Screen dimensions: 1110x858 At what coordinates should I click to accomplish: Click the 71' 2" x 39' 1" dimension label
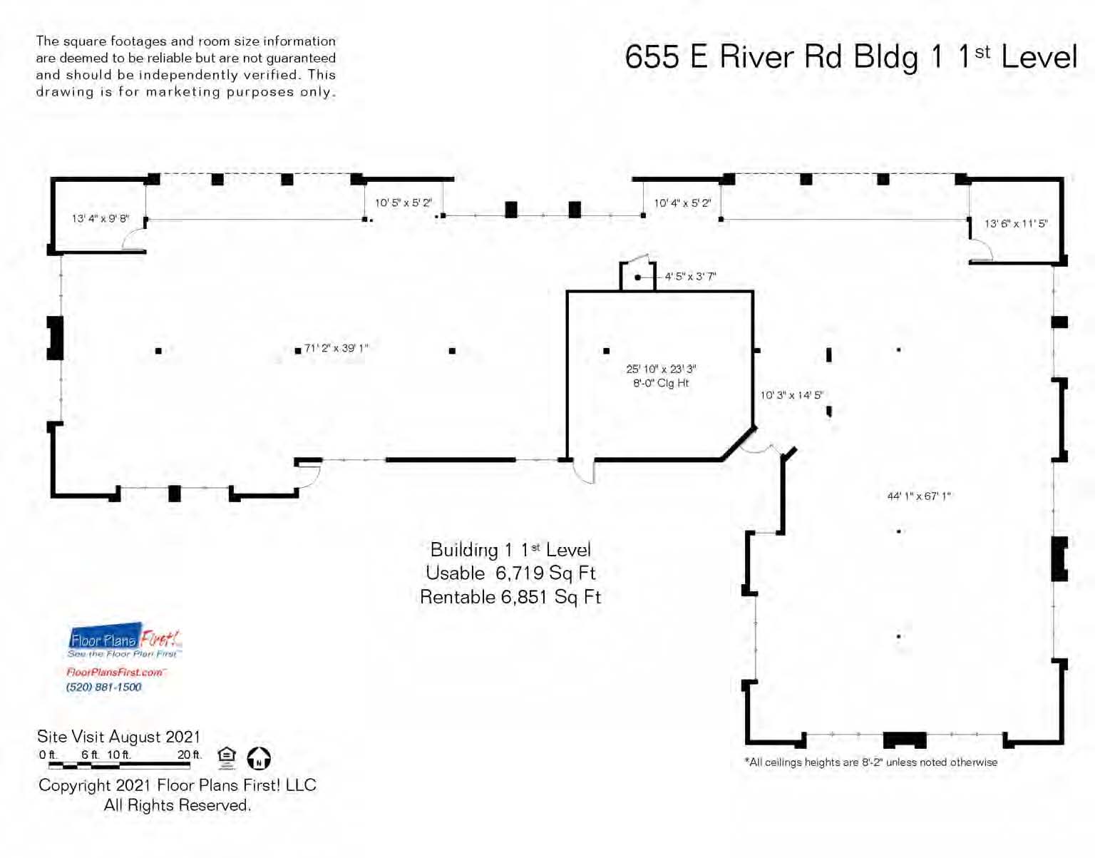(x=336, y=349)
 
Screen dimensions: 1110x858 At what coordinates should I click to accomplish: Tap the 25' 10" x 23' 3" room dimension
(x=661, y=369)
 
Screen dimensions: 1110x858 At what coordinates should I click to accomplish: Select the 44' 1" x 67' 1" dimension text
(x=918, y=496)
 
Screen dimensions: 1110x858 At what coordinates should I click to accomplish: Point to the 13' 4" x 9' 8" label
(x=100, y=219)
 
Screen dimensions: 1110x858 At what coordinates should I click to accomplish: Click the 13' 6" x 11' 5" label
(x=1016, y=223)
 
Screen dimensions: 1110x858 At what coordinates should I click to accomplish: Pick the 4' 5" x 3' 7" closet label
(x=690, y=277)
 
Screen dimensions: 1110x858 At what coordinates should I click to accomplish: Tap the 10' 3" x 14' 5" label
(x=791, y=395)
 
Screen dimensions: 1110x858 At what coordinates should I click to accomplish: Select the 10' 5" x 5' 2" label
(x=404, y=203)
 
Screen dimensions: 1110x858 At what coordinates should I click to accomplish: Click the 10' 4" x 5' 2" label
(x=682, y=203)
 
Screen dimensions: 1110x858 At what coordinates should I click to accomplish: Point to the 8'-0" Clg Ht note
(x=661, y=383)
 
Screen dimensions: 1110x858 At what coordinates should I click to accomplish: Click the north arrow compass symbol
(x=259, y=758)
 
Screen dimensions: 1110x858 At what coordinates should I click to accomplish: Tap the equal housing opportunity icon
(x=227, y=758)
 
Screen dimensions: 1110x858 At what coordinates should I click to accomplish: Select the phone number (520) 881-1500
(x=103, y=688)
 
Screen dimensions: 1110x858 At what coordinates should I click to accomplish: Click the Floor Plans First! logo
(x=125, y=640)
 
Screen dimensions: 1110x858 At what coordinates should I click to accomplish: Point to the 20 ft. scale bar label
(x=190, y=755)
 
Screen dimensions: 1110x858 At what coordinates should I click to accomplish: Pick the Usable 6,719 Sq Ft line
(x=511, y=573)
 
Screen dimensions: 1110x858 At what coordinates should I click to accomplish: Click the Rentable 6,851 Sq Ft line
(x=511, y=597)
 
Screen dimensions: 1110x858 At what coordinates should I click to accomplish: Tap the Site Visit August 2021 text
(x=118, y=736)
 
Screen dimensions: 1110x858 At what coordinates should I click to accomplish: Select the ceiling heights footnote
(x=871, y=762)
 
